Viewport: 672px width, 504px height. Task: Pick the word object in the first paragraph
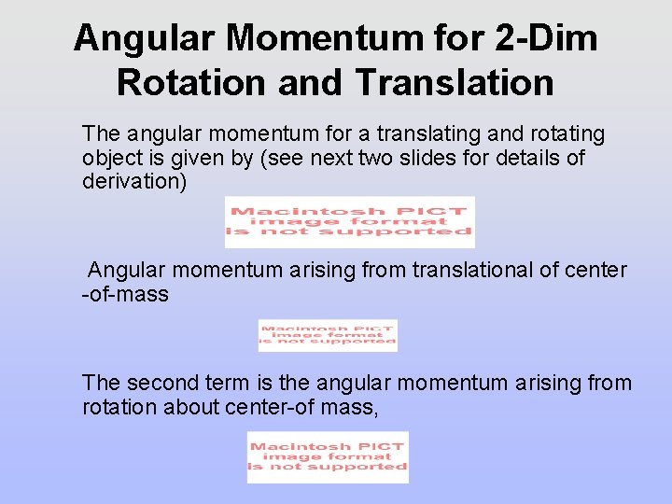tap(111, 158)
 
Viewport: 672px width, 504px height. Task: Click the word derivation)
tap(134, 181)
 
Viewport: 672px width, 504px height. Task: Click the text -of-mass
tap(126, 294)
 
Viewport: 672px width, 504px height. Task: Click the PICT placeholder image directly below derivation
tap(350, 222)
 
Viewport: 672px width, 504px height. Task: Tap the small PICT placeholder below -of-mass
tap(328, 335)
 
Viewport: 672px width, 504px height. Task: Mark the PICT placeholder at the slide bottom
tap(328, 456)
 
